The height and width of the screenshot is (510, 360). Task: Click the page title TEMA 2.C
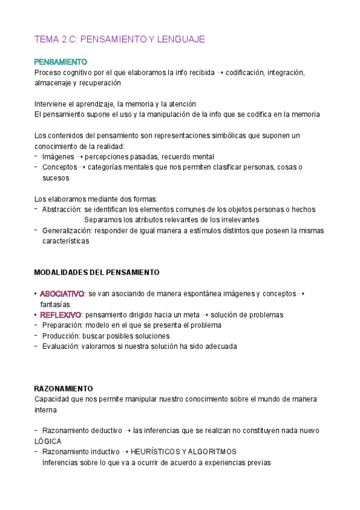(x=120, y=39)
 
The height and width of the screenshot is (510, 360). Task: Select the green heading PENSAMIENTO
(x=61, y=62)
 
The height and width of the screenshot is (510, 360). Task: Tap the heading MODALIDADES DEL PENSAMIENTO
(x=97, y=272)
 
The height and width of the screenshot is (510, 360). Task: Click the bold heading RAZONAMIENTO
(x=63, y=389)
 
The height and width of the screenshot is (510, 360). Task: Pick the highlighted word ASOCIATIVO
(x=62, y=293)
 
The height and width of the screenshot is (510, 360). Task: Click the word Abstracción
(x=61, y=209)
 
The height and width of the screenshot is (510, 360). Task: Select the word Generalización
(x=67, y=230)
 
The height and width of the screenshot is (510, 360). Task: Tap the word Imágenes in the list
(x=58, y=156)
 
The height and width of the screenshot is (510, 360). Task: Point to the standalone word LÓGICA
(x=48, y=441)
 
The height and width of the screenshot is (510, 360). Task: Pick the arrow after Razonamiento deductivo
(x=127, y=431)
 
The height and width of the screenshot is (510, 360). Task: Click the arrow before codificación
(x=220, y=73)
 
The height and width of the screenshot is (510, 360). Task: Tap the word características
(x=66, y=241)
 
